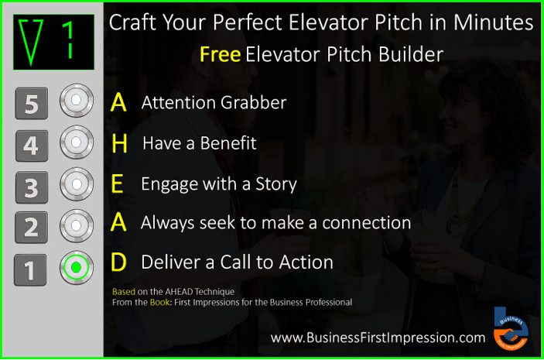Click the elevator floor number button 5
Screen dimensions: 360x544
31,104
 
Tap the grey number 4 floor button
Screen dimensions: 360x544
31,145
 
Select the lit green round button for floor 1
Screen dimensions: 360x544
76,268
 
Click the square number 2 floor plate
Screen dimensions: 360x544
31,228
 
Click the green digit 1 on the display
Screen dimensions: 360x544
68,40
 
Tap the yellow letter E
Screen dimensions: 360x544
118,184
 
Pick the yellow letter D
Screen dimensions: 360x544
118,262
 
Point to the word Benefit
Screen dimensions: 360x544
228,143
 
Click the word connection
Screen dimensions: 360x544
363,223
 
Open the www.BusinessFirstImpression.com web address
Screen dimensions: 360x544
378,338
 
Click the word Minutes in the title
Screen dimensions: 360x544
495,22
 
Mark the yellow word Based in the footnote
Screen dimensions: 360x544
124,292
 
